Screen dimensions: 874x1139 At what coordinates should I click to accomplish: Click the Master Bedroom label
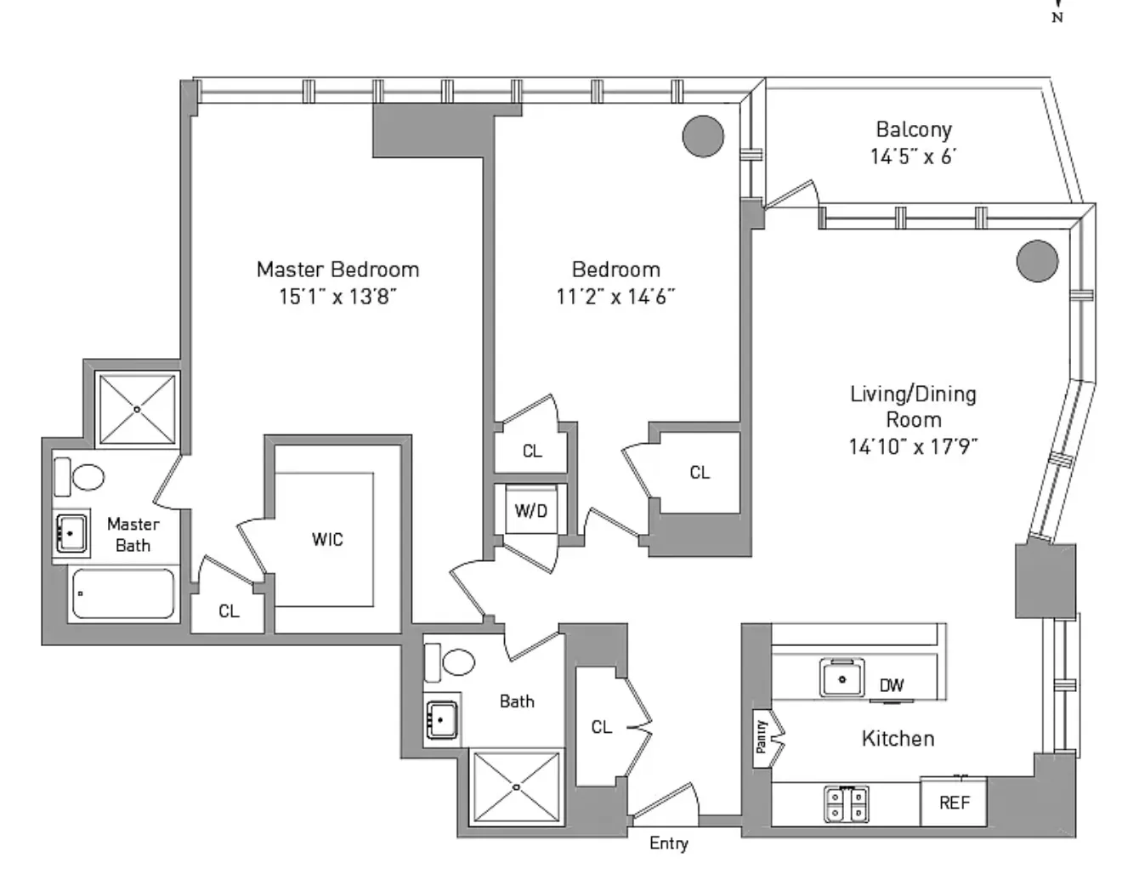click(x=337, y=270)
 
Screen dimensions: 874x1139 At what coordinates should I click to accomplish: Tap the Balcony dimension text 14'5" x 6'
click(x=913, y=156)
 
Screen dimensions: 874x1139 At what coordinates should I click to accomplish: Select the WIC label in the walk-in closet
click(x=327, y=539)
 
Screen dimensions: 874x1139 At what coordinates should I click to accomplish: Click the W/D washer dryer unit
click(x=530, y=510)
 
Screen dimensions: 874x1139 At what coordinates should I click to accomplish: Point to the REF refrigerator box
click(x=954, y=802)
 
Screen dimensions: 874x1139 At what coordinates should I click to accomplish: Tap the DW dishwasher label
click(x=891, y=685)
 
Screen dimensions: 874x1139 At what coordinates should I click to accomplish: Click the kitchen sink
click(x=841, y=678)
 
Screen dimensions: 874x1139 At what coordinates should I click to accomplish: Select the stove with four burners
click(x=846, y=803)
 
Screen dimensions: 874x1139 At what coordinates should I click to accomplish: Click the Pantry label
click(x=762, y=737)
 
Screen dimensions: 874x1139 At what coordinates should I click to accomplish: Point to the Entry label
click(x=668, y=843)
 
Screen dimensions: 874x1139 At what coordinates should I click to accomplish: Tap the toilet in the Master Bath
click(x=87, y=477)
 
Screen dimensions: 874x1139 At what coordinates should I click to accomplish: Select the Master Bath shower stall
click(x=138, y=409)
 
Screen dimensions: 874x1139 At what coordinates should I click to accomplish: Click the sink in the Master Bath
click(x=71, y=534)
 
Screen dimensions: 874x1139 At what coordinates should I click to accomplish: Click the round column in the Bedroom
click(x=704, y=136)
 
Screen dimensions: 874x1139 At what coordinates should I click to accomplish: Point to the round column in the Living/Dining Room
click(x=1037, y=261)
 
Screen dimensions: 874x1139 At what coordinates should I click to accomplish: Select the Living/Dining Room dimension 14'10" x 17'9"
click(x=913, y=446)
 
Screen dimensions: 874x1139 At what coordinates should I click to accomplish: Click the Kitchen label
click(x=898, y=738)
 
